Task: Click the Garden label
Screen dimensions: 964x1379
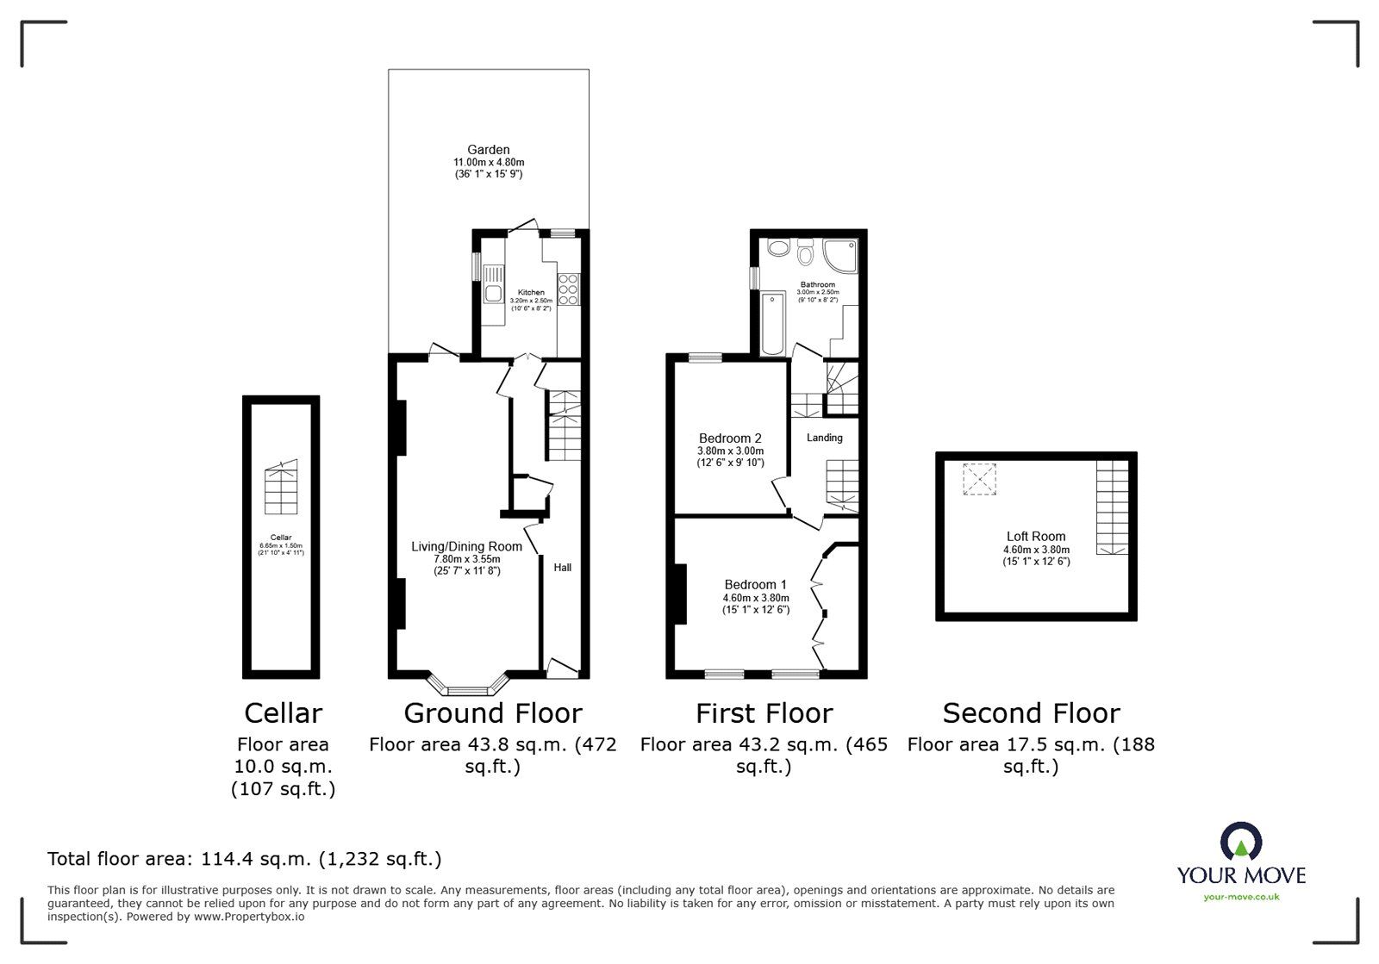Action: (489, 150)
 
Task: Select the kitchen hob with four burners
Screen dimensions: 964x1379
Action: (569, 289)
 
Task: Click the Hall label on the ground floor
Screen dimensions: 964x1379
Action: (562, 568)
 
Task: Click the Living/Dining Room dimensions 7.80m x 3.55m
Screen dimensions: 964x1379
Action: (466, 559)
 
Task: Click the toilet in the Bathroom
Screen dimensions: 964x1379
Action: (807, 253)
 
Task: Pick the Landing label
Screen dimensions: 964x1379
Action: (824, 438)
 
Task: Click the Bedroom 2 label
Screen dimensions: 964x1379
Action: (730, 438)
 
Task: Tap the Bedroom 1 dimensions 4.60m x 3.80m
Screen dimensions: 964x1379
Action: (756, 598)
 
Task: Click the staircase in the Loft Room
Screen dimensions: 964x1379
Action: (1112, 507)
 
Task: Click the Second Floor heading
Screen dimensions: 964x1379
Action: (1031, 713)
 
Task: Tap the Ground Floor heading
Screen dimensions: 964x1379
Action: (493, 713)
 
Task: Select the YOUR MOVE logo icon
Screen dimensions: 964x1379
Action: (1241, 843)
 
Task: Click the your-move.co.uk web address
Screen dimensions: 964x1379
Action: (1241, 897)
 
